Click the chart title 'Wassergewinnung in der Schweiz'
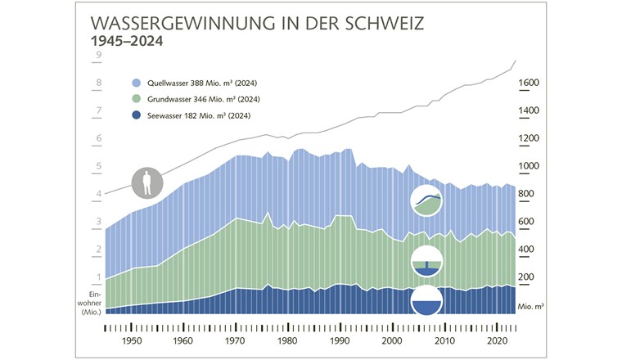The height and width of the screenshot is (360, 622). (x=257, y=22)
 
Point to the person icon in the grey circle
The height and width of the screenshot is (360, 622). (x=147, y=182)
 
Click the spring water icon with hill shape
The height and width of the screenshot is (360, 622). (x=426, y=200)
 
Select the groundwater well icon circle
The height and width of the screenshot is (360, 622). (x=426, y=261)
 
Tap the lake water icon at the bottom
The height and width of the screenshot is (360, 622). (x=426, y=300)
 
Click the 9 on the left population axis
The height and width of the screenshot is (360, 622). (x=98, y=56)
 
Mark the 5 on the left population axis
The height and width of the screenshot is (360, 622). (x=98, y=167)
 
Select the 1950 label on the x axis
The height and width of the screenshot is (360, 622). (x=132, y=341)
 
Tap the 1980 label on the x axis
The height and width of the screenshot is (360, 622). (x=287, y=341)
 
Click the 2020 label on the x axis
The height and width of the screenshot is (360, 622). (x=494, y=341)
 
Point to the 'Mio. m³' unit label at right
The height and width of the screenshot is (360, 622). (x=532, y=305)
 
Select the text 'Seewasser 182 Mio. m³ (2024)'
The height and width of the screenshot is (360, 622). (x=199, y=115)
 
